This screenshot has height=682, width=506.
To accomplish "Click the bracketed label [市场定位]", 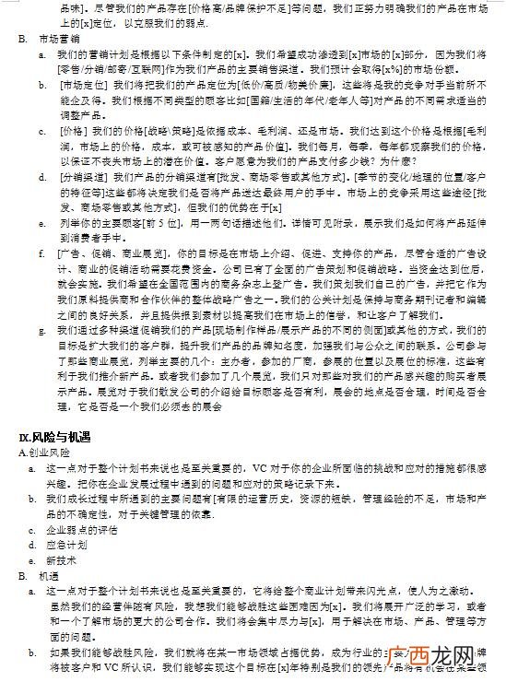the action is tap(83, 84).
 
